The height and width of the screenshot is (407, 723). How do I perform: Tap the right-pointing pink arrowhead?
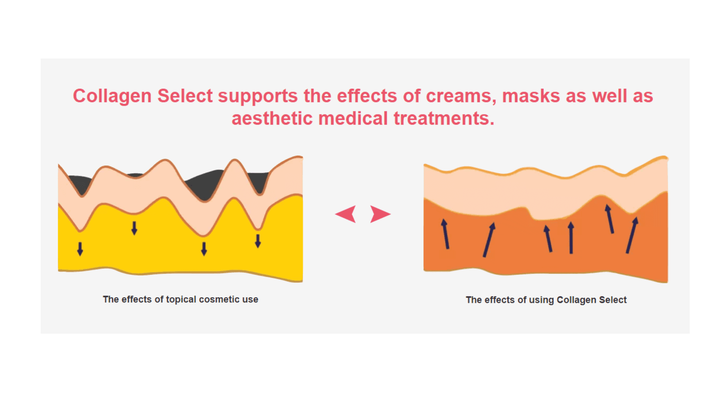point(379,214)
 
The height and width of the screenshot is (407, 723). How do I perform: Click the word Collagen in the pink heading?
point(112,97)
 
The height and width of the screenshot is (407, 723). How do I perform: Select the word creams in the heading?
point(461,97)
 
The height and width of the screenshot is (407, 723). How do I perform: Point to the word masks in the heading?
point(531,96)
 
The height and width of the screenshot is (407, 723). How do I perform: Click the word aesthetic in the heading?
point(272,118)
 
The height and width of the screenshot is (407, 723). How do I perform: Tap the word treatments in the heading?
point(444,118)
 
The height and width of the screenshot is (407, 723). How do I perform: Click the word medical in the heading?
point(353,118)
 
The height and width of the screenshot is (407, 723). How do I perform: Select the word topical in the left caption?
point(181,300)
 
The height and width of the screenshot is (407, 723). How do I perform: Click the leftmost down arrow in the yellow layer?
point(80,249)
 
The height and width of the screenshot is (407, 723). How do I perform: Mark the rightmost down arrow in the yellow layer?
point(258,241)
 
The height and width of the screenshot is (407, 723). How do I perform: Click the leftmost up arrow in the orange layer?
point(445,234)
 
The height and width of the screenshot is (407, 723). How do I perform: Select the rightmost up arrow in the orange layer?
point(632,235)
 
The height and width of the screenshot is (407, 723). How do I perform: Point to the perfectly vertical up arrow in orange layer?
point(571,238)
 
